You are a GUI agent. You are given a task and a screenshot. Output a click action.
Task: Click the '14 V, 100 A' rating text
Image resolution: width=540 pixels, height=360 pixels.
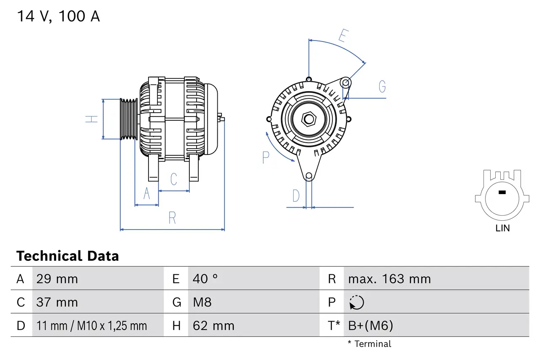[x=58, y=17]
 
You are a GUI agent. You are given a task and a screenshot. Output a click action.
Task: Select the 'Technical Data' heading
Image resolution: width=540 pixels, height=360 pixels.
[x=67, y=256]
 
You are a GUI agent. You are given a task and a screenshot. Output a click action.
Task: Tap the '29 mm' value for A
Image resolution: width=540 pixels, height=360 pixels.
[x=57, y=279]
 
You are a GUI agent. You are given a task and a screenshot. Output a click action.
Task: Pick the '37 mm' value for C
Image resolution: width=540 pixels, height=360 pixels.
[x=57, y=302]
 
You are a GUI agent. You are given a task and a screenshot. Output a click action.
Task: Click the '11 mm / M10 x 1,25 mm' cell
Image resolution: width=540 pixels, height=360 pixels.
[x=92, y=326]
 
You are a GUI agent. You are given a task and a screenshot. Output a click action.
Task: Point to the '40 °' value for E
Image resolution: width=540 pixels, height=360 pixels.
[x=205, y=279]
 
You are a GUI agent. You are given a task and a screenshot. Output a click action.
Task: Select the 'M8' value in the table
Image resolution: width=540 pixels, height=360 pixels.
[x=202, y=302]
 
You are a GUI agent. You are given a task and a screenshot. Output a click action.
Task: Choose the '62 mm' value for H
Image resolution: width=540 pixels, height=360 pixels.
[x=213, y=326]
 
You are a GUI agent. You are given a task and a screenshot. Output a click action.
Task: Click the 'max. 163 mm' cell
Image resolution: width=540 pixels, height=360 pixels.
[x=389, y=279]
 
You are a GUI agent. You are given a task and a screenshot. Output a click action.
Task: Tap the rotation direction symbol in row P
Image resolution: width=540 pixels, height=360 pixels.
[x=356, y=302]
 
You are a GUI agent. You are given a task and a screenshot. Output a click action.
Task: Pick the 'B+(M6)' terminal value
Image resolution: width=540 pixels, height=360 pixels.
[x=370, y=326]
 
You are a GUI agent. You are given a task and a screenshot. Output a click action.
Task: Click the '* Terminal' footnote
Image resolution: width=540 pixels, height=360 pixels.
[x=369, y=344]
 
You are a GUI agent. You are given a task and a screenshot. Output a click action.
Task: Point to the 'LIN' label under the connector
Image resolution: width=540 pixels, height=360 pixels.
[x=502, y=228]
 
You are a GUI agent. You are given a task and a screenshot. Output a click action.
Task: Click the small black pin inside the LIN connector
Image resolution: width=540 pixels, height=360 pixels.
[x=502, y=192]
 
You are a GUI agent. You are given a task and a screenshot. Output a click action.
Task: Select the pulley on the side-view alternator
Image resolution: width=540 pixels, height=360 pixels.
[x=129, y=119]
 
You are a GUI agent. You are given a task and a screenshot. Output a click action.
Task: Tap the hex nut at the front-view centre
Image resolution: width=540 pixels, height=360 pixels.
[x=309, y=119]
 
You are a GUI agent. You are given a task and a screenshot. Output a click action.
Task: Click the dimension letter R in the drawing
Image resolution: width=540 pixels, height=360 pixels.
[x=172, y=218]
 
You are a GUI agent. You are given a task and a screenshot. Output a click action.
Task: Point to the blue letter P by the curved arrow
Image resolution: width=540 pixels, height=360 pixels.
[x=265, y=157]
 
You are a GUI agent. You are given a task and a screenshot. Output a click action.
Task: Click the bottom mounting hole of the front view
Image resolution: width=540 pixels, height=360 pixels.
[x=309, y=176]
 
